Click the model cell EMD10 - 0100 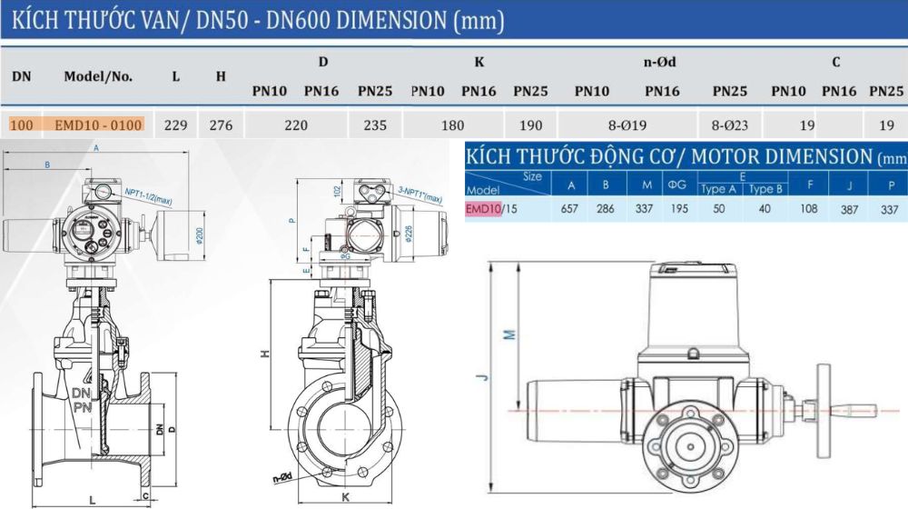(98, 125)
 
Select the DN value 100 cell (22, 125)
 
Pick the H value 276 (221, 125)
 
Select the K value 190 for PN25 (529, 125)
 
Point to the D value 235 (374, 125)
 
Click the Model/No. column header (98, 76)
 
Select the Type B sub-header (765, 189)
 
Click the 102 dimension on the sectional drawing (311, 193)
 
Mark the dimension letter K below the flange (346, 497)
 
